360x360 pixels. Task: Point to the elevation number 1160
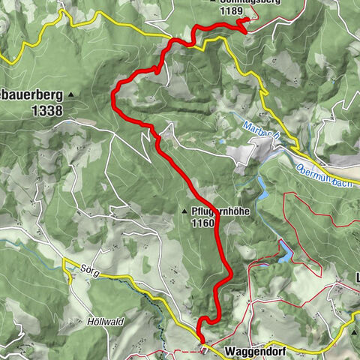(x=202, y=223)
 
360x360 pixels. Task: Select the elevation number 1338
(x=46, y=109)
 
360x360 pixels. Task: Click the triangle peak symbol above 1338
(x=71, y=94)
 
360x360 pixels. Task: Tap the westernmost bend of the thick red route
(x=113, y=94)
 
